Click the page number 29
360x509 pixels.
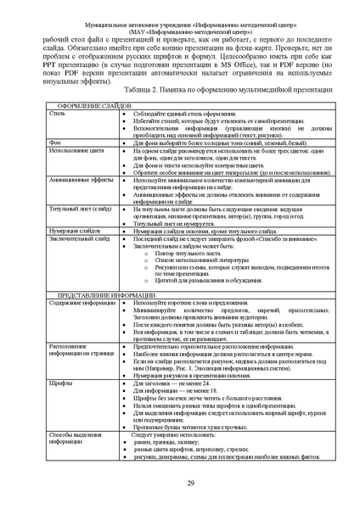[180, 482]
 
